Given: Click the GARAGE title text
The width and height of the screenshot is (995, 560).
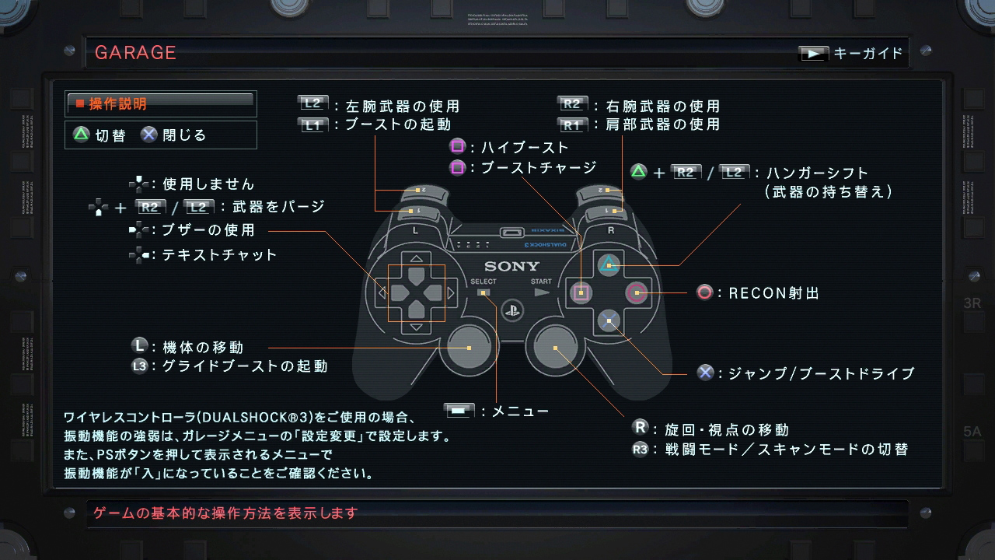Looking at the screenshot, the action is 135,53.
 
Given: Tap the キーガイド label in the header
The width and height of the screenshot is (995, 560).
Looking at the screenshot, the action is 868,54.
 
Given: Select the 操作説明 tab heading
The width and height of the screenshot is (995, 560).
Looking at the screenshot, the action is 117,103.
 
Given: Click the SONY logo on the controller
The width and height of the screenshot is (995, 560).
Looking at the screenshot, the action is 511,267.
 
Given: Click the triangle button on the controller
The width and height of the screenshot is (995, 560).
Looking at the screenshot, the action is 609,265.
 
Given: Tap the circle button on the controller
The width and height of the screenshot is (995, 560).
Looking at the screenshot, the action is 637,292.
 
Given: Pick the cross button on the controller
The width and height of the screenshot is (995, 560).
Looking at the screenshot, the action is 609,320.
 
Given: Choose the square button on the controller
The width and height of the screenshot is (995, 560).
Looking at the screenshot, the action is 581,292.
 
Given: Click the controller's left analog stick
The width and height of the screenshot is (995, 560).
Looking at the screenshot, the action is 469,348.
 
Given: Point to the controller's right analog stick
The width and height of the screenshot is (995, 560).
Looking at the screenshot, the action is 555,348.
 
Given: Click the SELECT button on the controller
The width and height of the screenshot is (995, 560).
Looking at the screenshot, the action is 484,292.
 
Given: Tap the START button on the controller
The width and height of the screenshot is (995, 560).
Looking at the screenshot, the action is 542,292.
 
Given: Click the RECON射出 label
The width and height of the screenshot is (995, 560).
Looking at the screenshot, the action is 773,293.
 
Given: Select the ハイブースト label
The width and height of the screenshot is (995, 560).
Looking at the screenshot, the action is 525,147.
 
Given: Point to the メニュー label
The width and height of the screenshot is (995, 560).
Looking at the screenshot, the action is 520,411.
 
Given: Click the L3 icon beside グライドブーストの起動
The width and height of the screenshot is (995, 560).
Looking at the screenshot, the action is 140,366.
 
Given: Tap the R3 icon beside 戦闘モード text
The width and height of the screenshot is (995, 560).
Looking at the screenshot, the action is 640,449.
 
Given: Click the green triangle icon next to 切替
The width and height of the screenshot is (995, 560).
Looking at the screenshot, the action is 81,135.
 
